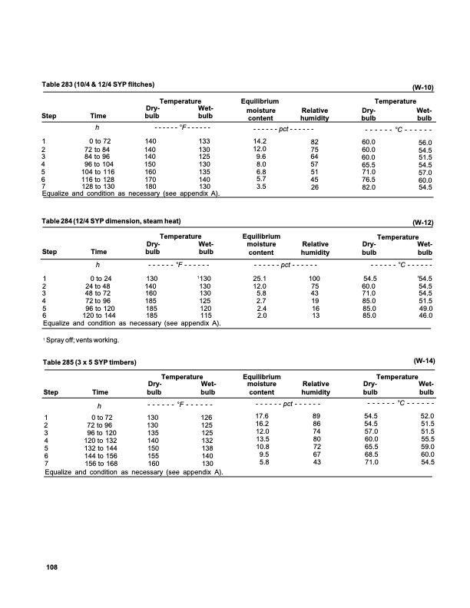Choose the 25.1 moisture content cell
tap(260, 278)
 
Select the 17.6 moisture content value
tap(261, 415)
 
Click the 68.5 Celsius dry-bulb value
tap(371, 454)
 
